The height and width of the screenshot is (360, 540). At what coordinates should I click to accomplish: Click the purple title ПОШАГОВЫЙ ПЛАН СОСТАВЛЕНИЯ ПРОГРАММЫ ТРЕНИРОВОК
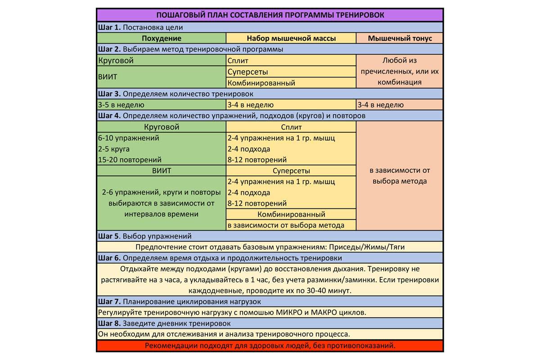coord(270,15)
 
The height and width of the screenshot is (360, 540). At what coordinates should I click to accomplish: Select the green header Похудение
coord(162,38)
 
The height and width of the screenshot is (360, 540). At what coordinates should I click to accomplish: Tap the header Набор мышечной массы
coord(291,38)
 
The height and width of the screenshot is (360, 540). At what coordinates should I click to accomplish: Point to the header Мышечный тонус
coord(400,38)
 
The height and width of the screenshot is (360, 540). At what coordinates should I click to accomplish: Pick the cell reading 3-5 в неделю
coord(121,105)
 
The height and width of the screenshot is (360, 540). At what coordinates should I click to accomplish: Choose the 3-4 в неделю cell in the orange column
coord(380,105)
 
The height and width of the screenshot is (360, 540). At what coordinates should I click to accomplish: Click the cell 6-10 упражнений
coord(129,138)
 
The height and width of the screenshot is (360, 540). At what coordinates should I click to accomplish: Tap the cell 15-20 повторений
coord(130,160)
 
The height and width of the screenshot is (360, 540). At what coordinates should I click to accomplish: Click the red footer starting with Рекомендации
coord(270,346)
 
